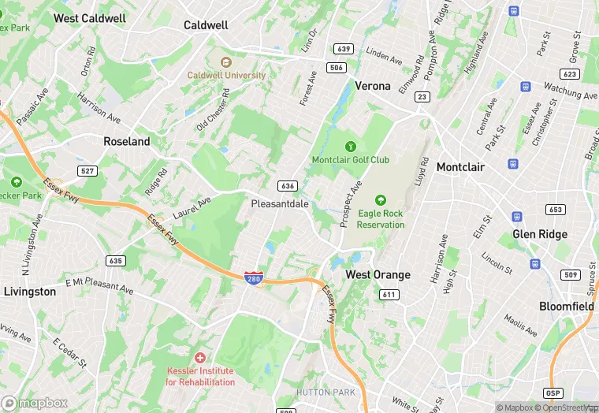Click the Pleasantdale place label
280,203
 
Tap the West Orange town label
378,274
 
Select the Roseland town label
127,142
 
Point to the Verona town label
373,85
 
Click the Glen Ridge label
540,234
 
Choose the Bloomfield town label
566,306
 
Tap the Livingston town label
29,292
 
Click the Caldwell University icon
226,62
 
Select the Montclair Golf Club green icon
350,146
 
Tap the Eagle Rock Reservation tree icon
381,200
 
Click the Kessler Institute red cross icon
200,358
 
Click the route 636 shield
287,186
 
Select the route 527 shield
87,170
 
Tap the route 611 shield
388,294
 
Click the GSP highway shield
553,393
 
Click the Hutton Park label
326,392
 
